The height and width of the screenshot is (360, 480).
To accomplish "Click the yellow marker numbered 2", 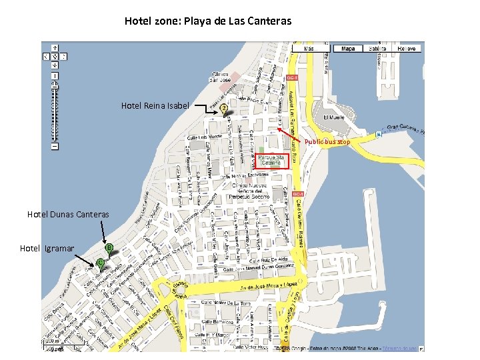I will tap(224, 107).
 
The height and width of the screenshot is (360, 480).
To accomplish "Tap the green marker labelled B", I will tap(109, 248).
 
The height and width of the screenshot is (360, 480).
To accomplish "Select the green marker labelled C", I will tap(100, 263).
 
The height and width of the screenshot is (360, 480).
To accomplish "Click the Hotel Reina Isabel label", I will tap(155, 106).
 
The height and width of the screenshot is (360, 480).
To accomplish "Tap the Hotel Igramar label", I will tap(47, 249).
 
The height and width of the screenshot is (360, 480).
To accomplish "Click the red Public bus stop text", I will tap(327, 142).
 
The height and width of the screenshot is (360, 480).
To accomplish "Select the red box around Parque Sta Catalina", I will tap(272, 161).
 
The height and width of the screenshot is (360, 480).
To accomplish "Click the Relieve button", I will tap(407, 49).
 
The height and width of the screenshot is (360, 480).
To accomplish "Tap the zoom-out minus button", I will tap(55, 146).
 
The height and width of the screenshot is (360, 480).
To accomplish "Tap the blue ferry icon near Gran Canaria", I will tap(379, 133).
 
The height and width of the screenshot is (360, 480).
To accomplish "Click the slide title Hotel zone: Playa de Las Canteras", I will tap(208, 21).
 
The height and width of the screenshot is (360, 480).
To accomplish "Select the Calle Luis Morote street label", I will tap(202, 138).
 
